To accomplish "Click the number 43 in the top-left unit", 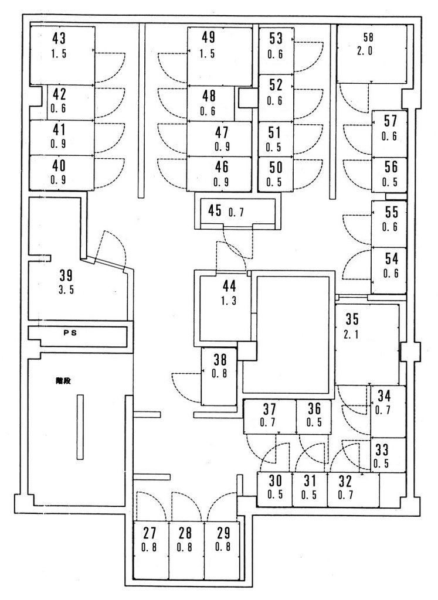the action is [59, 38].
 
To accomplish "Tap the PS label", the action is [70, 333].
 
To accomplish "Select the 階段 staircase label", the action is [63, 381].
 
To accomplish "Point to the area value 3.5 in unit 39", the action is [66, 289].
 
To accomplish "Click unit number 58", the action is [368, 37].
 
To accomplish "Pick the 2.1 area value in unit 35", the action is [351, 335].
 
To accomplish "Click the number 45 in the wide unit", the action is [215, 210].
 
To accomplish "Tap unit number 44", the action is [229, 286].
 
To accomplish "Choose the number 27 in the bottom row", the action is [150, 533].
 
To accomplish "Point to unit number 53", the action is [276, 38].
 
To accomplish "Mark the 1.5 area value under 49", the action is [207, 53].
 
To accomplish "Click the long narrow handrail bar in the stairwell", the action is [80, 427].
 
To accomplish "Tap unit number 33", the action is [382, 449].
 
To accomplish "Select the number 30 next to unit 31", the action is [275, 480].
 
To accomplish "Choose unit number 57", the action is [391, 121].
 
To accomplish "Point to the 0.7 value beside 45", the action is [236, 212].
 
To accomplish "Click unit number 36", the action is [314, 408].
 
